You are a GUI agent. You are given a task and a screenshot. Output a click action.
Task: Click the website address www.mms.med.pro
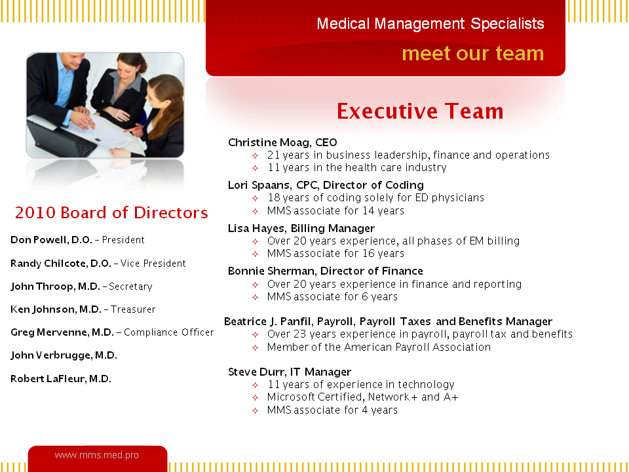coord(97,455)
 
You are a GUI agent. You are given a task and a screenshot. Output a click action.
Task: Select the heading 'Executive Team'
coord(420,111)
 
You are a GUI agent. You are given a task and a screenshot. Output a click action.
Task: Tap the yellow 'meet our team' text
coord(472,53)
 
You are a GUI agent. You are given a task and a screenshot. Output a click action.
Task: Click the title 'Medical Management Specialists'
coord(430,24)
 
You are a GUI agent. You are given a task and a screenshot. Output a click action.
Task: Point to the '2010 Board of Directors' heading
coord(111,212)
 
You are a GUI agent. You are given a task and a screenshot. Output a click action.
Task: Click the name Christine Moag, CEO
coord(282,142)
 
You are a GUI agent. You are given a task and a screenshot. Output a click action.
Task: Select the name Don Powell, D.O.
coord(51,240)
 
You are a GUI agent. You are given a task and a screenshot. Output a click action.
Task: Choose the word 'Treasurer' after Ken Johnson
coord(133,309)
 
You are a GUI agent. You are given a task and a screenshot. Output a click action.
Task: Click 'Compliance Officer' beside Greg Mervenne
coord(169,332)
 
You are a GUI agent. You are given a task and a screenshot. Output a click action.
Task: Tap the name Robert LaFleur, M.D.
coord(61,379)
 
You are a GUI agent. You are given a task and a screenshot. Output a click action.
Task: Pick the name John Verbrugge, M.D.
coord(64,355)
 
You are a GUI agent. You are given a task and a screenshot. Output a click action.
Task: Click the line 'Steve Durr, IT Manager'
coord(290,372)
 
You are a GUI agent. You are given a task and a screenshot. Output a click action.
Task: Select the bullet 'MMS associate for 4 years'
coord(333,410)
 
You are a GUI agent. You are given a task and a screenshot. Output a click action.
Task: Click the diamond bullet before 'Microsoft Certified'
coord(255,397)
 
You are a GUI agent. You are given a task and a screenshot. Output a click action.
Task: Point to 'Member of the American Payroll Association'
coord(379,347)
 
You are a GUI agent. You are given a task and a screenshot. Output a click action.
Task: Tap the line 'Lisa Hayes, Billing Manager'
coord(301,228)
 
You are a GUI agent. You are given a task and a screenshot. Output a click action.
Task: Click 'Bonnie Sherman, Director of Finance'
coord(326,271)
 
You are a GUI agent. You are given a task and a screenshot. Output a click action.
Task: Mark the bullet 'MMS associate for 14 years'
coord(335,210)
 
